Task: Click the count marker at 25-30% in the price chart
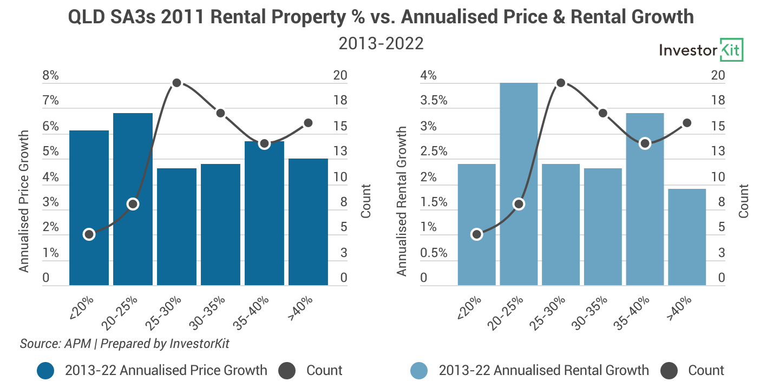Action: coord(176,83)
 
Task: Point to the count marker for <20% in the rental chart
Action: coord(476,234)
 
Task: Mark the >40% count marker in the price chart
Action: coord(308,123)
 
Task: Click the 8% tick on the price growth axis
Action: coord(50,76)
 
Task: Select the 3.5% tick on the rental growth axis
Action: coord(434,101)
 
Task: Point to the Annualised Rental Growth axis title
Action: coord(402,201)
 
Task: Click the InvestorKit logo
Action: coord(701,50)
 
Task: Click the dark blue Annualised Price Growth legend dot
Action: coord(45,371)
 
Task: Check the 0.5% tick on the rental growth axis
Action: coord(434,253)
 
